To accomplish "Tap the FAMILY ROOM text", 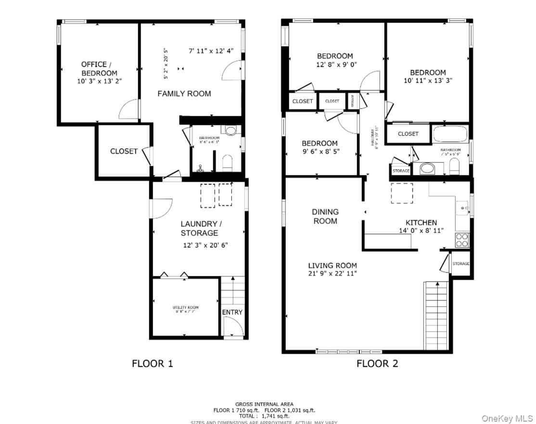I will pyautogui.click(x=184, y=94).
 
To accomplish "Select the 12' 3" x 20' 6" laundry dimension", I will pyautogui.click(x=205, y=245).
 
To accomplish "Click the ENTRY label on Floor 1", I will pyautogui.click(x=232, y=312).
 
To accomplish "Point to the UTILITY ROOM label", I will pyautogui.click(x=186, y=308).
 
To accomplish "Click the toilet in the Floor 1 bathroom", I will pyautogui.click(x=228, y=162).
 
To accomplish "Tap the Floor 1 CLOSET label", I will pyautogui.click(x=124, y=151).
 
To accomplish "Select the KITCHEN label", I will pyautogui.click(x=421, y=223).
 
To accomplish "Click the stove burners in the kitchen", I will pyautogui.click(x=462, y=240).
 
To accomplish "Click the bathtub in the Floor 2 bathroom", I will pyautogui.click(x=450, y=134).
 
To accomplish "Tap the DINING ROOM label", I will pyautogui.click(x=325, y=216).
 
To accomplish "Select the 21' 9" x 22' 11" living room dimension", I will pyautogui.click(x=332, y=274).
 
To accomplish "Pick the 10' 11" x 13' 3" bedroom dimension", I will pyautogui.click(x=428, y=81).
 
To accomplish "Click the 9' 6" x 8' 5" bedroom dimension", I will pyautogui.click(x=320, y=151).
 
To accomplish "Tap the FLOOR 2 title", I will pyautogui.click(x=377, y=363).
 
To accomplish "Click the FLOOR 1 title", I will pyautogui.click(x=152, y=363).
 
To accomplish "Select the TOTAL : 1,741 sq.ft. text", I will pyautogui.click(x=264, y=416).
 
